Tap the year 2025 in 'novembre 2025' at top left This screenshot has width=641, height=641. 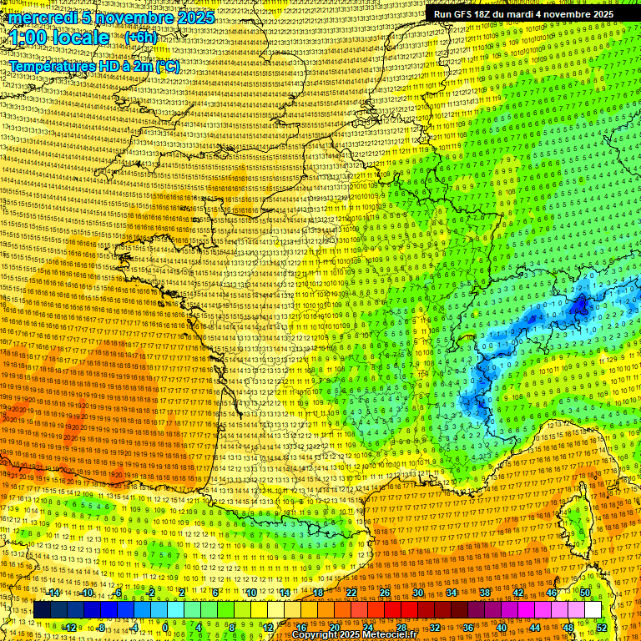click(x=194, y=18)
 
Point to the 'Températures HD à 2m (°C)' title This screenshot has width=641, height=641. click(x=93, y=66)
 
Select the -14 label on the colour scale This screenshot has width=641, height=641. click(x=53, y=593)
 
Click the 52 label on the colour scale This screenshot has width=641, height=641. click(x=602, y=628)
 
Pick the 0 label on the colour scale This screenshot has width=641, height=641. click(x=166, y=628)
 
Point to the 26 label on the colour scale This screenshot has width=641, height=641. click(x=385, y=593)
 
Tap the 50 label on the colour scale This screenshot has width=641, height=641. click(x=585, y=593)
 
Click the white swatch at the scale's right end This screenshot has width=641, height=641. click(x=593, y=610)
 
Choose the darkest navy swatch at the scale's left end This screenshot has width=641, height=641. click(x=43, y=610)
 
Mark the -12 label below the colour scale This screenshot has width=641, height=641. click(x=70, y=628)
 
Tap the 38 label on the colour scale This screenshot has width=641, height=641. click(x=484, y=593)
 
